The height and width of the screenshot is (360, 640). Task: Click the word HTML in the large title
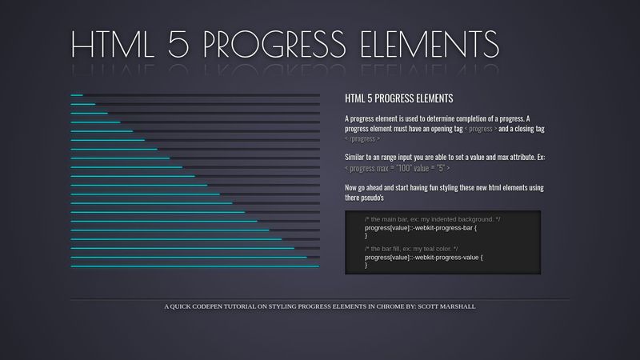click(x=118, y=46)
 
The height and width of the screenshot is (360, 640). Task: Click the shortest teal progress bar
click(x=77, y=95)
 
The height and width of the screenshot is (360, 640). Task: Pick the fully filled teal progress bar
click(x=195, y=266)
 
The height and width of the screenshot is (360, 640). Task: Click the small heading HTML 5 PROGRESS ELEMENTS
click(x=398, y=98)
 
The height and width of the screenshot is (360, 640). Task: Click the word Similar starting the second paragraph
click(x=358, y=158)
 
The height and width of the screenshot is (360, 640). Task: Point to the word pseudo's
click(x=373, y=198)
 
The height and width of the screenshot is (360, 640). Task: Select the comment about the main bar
click(x=433, y=219)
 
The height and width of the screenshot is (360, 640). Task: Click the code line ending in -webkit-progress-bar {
click(x=421, y=227)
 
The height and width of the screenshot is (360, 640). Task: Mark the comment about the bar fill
click(x=416, y=249)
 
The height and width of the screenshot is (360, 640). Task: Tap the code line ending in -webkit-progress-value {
click(x=424, y=257)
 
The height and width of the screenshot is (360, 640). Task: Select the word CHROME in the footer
click(x=393, y=306)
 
